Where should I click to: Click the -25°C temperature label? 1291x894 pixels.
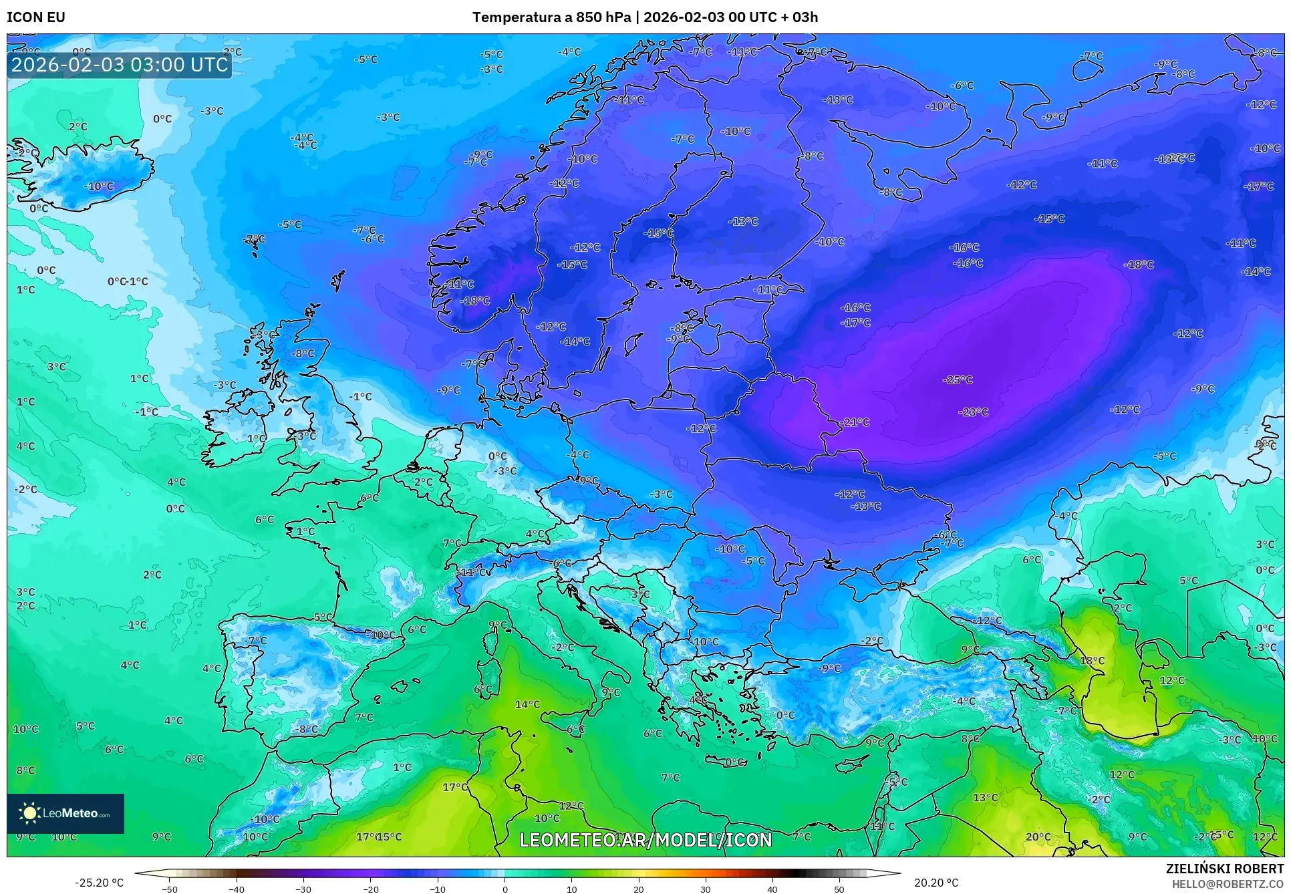(x=958, y=380)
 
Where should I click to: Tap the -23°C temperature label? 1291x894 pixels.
(x=973, y=412)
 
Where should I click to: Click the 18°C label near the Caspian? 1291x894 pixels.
(x=1092, y=661)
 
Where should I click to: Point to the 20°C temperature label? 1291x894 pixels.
(x=1038, y=837)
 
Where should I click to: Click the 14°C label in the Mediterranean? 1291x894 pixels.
(x=527, y=704)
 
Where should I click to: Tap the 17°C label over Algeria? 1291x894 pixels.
(x=455, y=787)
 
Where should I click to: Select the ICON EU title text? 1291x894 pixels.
(x=36, y=17)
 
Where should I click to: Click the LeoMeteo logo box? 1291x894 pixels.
(x=65, y=813)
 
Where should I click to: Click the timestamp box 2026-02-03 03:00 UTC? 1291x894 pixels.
(x=120, y=65)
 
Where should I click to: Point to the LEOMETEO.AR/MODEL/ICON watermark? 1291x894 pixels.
(x=645, y=840)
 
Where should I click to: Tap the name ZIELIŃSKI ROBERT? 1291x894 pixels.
(x=1224, y=869)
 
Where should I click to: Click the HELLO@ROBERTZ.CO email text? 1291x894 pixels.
(x=1228, y=883)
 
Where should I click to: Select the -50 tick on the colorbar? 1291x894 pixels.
(x=170, y=889)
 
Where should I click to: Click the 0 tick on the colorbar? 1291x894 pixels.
(x=505, y=889)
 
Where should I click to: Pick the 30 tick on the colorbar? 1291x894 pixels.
(x=706, y=889)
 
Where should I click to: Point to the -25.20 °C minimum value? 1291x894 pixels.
(x=99, y=883)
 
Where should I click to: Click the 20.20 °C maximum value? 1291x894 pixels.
(x=936, y=883)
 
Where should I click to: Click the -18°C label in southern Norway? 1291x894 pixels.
(x=475, y=301)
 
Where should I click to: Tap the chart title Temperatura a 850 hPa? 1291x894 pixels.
(x=551, y=17)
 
